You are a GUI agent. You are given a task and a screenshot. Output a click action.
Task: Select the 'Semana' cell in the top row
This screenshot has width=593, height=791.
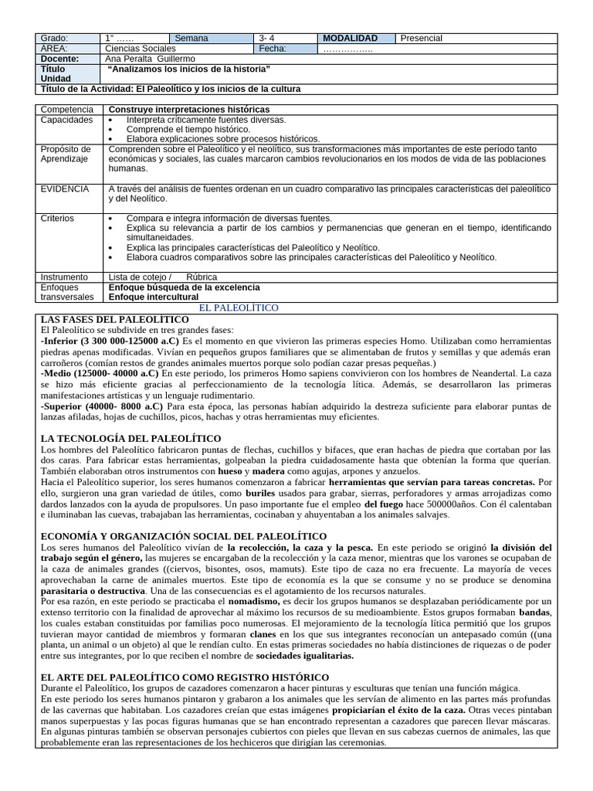pyautogui.click(x=191, y=38)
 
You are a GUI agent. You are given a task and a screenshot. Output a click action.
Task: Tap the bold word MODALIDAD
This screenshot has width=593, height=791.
pyautogui.click(x=350, y=38)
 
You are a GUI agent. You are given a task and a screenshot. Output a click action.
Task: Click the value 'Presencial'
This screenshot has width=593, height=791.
pyautogui.click(x=422, y=38)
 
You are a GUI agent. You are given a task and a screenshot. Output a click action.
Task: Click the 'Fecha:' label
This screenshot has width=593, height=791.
pyautogui.click(x=273, y=48)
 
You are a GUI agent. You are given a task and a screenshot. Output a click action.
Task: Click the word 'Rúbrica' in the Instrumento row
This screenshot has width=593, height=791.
pyautogui.click(x=202, y=277)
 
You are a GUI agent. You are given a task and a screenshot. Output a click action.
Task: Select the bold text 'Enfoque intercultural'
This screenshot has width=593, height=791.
pyautogui.click(x=153, y=297)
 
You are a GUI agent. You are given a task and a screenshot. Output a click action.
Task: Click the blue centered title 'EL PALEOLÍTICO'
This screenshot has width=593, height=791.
pyautogui.click(x=239, y=307)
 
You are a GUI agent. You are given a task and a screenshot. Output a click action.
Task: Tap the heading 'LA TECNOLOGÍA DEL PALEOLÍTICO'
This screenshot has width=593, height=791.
pyautogui.click(x=130, y=438)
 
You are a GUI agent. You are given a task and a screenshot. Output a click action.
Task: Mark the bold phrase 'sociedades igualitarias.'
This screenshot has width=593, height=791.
pyautogui.click(x=305, y=655)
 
